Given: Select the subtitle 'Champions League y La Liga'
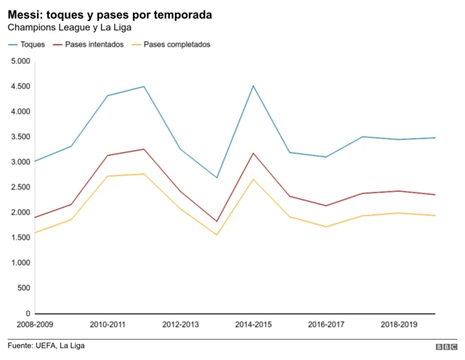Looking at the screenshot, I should point(69,28).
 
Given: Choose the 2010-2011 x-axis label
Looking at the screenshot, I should point(108,324).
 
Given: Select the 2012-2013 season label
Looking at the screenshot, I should point(180,324).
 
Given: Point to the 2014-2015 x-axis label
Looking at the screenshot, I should point(253,324).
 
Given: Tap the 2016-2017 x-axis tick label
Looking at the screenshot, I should point(325,324).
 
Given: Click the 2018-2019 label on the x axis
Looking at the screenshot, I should point(398,324).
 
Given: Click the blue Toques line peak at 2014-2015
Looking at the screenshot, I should point(253,86).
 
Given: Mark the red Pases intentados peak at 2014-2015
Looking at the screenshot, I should point(253,153).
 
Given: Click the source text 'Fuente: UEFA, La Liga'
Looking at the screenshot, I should point(46,345).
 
